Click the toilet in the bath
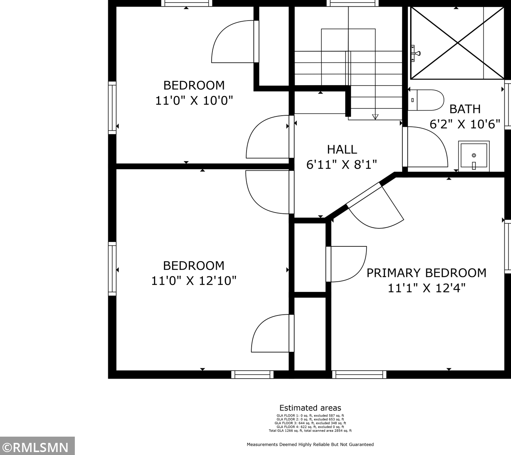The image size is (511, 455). click(x=426, y=100)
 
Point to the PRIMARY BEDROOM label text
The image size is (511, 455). click(x=426, y=273)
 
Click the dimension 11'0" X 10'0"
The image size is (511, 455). click(x=194, y=101)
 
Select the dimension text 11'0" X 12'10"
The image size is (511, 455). click(x=194, y=281)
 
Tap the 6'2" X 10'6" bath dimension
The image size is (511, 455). click(x=465, y=124)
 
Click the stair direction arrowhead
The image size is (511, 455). click(x=375, y=117)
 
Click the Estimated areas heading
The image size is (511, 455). click(x=310, y=408)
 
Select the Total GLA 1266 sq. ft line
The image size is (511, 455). click(x=310, y=430)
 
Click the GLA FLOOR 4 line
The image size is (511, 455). click(x=310, y=427)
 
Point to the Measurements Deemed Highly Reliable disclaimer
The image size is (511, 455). click(x=310, y=444)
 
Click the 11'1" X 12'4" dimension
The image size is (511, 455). click(x=426, y=288)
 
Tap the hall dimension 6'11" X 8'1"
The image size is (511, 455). click(x=342, y=165)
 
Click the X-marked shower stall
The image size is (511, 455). click(x=457, y=43)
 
